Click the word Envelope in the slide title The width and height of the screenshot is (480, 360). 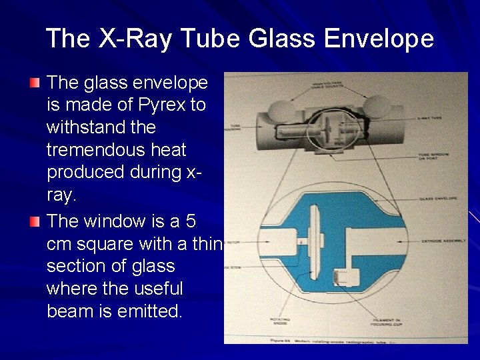pos(379,39)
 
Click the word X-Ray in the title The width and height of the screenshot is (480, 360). pos(135,39)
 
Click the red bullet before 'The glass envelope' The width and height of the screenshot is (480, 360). pos(35,83)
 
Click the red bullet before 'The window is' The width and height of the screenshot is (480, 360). pos(35,221)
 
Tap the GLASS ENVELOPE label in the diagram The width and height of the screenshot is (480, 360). pos(434,199)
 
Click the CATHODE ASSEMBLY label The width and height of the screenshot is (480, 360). pos(437,240)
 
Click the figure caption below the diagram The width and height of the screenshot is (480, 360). pos(337,340)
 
